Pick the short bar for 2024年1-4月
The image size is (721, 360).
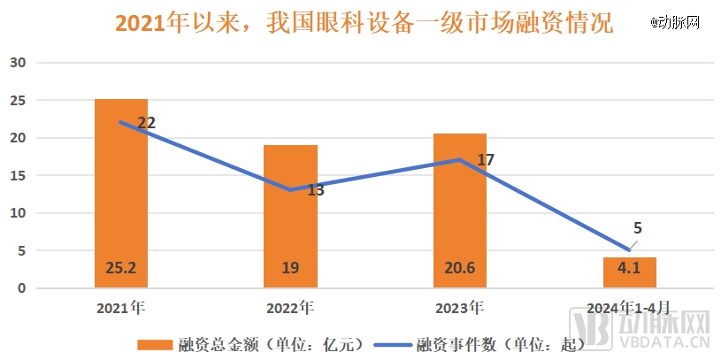(629, 272)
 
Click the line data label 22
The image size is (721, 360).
(147, 123)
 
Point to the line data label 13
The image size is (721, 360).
(315, 189)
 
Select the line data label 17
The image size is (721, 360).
(485, 160)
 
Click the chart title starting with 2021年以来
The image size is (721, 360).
(364, 23)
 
